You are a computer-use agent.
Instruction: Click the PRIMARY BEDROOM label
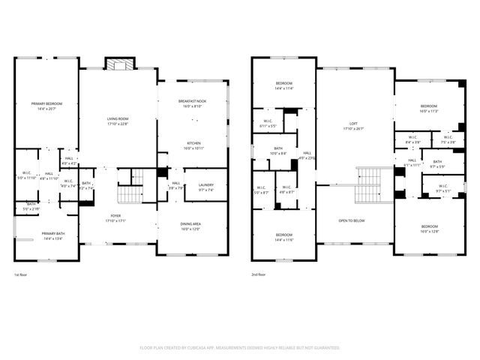pyautogui.click(x=46, y=103)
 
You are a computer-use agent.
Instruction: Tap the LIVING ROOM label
pyautogui.click(x=118, y=118)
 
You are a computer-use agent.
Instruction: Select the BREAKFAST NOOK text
pyautogui.click(x=192, y=101)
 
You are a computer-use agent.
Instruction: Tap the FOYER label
pyautogui.click(x=118, y=216)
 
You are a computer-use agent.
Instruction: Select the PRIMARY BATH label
pyautogui.click(x=53, y=233)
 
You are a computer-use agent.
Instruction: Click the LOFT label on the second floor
pyautogui.click(x=352, y=124)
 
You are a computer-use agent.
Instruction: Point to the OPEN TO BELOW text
pyautogui.click(x=352, y=220)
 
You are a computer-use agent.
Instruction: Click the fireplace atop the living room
pyautogui.click(x=118, y=64)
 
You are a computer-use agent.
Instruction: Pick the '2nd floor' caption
pyautogui.click(x=259, y=274)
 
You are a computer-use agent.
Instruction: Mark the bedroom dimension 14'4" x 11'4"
pyautogui.click(x=283, y=88)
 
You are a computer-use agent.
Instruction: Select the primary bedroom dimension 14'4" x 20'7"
pyautogui.click(x=46, y=109)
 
